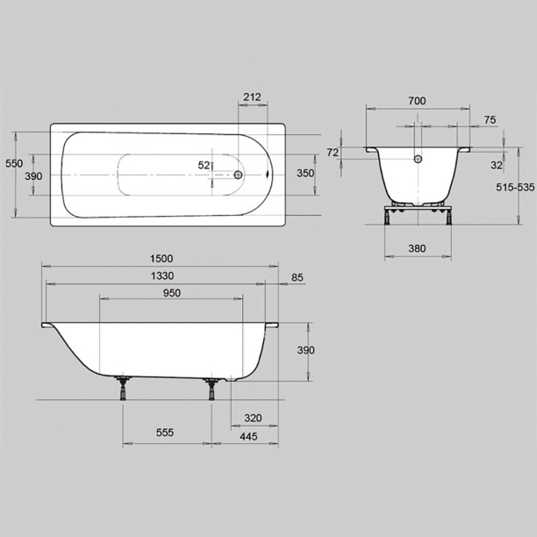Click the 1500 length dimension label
click(x=161, y=259)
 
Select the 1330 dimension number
click(x=162, y=276)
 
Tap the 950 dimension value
click(x=172, y=293)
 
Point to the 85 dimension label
click(x=297, y=277)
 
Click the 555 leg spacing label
click(x=165, y=433)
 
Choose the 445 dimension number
click(x=248, y=437)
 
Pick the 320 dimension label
click(x=253, y=419)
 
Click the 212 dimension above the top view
click(x=252, y=97)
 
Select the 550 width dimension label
click(x=14, y=163)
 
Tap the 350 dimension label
click(x=305, y=173)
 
